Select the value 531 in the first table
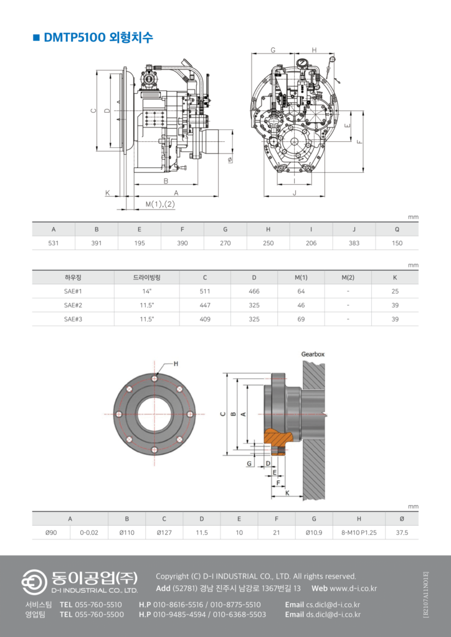(54, 243)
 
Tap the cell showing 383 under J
(354, 243)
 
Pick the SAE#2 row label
(74, 305)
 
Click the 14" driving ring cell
(147, 291)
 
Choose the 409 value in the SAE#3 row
(205, 319)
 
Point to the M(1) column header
(301, 277)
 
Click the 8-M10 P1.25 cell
(359, 532)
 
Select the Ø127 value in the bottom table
(164, 532)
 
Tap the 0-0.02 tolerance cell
(88, 532)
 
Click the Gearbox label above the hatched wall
(313, 354)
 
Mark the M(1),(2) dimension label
(160, 204)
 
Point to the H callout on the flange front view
(176, 363)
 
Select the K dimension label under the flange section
(287, 493)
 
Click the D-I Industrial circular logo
(34, 582)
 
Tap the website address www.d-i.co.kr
(353, 588)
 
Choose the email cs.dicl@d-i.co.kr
(333, 605)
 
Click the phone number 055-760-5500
(99, 614)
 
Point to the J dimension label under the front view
(295, 193)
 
